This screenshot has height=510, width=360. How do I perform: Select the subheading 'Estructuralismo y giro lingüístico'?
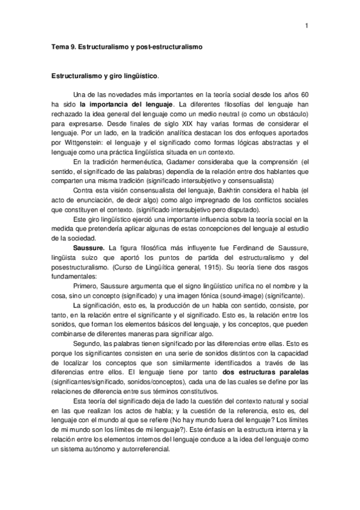tap(105, 77)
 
